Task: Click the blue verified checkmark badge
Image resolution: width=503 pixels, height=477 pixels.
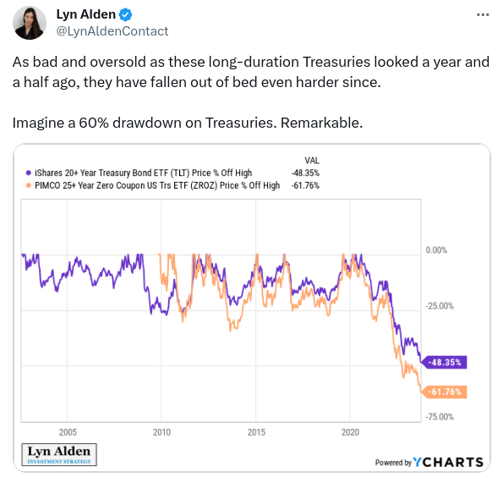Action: click(125, 14)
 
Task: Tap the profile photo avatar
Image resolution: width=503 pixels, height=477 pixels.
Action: click(30, 23)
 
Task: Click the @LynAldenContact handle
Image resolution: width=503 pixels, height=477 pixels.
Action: click(112, 31)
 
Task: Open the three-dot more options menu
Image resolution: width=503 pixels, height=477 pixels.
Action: click(483, 14)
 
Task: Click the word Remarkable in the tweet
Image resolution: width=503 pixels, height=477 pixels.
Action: click(321, 123)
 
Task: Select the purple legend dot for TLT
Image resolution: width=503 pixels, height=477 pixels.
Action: click(28, 173)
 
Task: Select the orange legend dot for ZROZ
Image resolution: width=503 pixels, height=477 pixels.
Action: click(28, 185)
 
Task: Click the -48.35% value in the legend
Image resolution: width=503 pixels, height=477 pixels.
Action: click(305, 173)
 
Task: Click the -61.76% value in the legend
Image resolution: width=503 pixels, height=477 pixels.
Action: click(305, 185)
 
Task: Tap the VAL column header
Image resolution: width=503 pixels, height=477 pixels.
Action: click(312, 161)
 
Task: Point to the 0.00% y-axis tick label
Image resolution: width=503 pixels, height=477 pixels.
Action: click(436, 250)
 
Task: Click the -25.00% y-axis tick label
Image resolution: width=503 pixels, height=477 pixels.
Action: click(440, 306)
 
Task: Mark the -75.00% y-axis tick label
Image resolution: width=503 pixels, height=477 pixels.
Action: click(440, 417)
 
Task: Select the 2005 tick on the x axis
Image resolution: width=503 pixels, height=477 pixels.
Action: click(68, 432)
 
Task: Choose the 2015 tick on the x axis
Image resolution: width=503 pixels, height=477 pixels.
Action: click(256, 432)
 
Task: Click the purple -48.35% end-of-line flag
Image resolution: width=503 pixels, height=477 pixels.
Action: click(445, 363)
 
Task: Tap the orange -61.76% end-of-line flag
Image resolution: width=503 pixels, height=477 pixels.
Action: click(445, 392)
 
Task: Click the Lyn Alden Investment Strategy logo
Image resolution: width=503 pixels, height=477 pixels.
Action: click(59, 454)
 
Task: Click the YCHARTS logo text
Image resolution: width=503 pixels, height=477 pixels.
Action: click(448, 463)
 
